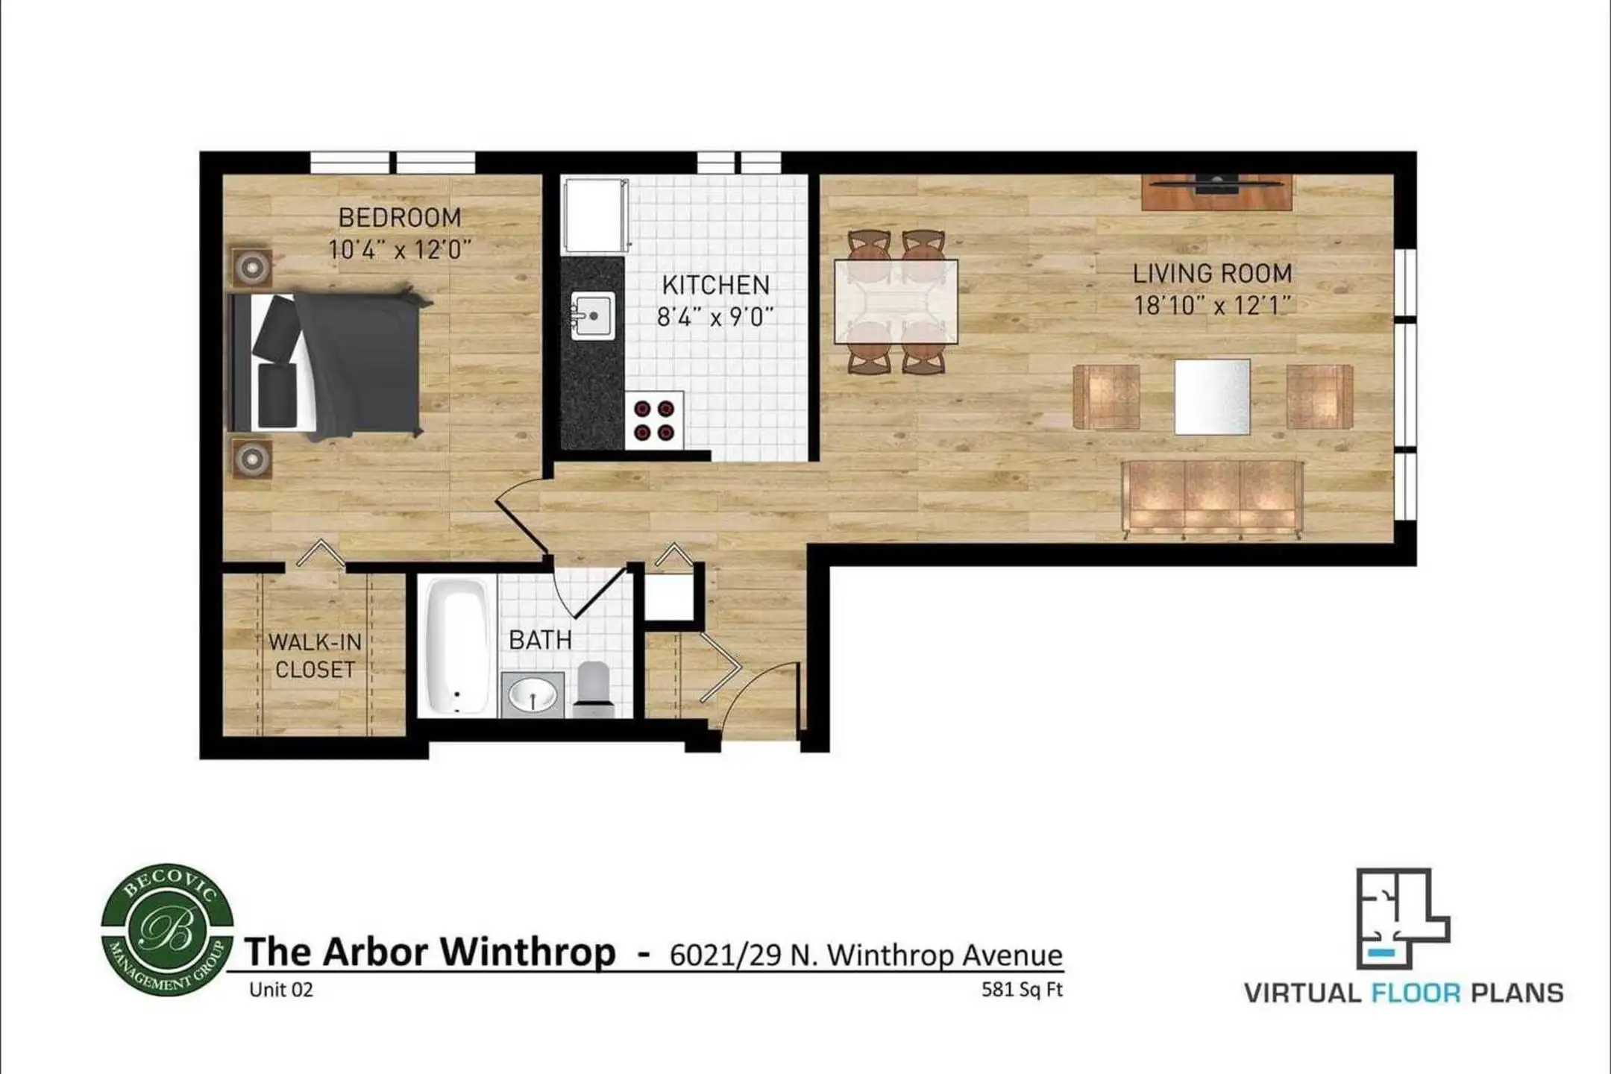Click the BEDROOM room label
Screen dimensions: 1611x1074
400,218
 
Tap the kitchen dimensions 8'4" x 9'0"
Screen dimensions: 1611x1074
715,317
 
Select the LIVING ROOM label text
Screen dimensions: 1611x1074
1213,274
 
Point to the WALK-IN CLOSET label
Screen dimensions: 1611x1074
315,656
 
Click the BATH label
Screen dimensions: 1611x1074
540,640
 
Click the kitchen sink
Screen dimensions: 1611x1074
593,315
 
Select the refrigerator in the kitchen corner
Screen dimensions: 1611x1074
595,216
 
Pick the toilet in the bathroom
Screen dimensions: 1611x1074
594,688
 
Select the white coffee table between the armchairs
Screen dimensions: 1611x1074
1213,397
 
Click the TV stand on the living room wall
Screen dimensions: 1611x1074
1217,192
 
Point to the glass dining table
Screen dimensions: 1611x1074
896,301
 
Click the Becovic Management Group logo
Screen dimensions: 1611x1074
167,931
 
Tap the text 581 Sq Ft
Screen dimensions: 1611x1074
1022,990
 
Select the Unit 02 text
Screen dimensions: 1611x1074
281,990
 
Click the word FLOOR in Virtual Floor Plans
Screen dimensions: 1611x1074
1416,993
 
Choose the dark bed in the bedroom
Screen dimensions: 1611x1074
328,363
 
